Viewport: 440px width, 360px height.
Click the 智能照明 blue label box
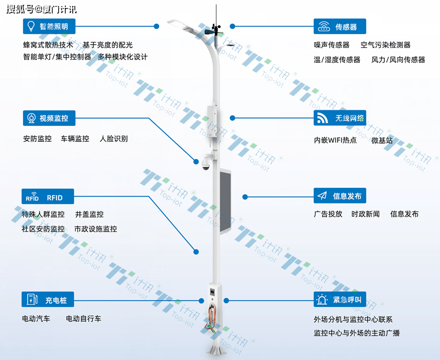(49, 27)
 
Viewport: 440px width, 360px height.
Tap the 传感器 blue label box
(340, 27)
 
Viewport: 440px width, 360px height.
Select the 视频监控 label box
(49, 118)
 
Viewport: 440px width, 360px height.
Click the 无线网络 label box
(340, 118)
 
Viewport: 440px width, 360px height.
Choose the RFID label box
(48, 196)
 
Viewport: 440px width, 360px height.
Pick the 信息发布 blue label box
(340, 196)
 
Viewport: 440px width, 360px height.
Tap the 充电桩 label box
(48, 299)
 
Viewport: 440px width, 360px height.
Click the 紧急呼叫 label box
(340, 299)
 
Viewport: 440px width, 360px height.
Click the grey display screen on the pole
(225, 201)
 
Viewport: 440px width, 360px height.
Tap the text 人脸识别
(114, 139)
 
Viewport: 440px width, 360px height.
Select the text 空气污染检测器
(385, 45)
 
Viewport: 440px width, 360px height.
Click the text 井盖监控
(89, 215)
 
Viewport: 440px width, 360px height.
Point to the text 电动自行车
(83, 319)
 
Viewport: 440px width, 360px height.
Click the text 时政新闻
(365, 214)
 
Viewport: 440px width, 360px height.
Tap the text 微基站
(382, 140)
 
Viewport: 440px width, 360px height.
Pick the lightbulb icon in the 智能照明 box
(31, 27)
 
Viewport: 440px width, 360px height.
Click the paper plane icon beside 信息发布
(322, 196)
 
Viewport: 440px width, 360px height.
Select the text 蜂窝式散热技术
(48, 45)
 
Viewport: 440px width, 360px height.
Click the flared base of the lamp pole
(216, 350)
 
